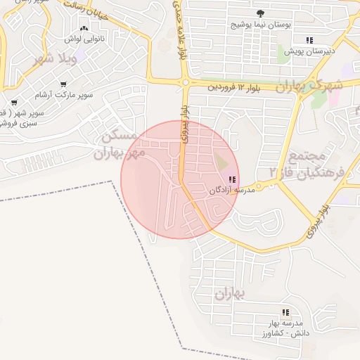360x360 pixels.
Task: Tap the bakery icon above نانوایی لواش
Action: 85,29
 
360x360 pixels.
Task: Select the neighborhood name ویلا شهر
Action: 53,58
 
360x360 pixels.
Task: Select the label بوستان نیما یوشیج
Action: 262,24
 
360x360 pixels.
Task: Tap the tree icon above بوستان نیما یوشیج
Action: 262,13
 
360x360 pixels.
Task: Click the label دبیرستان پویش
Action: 309,51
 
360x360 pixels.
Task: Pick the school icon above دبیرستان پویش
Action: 309,40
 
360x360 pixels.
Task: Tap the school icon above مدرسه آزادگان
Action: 232,180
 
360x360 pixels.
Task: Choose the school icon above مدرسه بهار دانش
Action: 285,311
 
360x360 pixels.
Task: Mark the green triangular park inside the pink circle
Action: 222,162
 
